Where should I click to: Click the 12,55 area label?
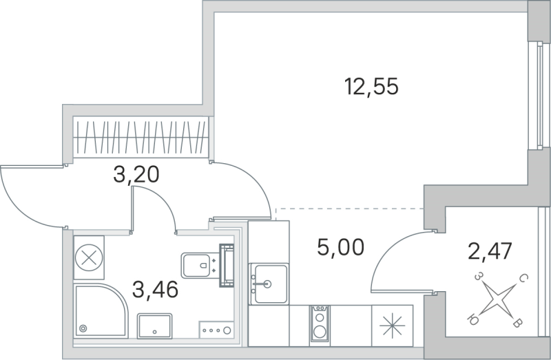pos(371,87)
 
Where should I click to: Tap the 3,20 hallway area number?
pos(136,174)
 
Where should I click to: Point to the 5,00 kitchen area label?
pos(340,245)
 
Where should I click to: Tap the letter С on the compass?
pos(523,279)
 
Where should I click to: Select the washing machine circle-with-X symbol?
pos(89,258)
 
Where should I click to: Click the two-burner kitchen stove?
pos(319,324)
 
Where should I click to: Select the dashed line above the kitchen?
pos(348,208)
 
